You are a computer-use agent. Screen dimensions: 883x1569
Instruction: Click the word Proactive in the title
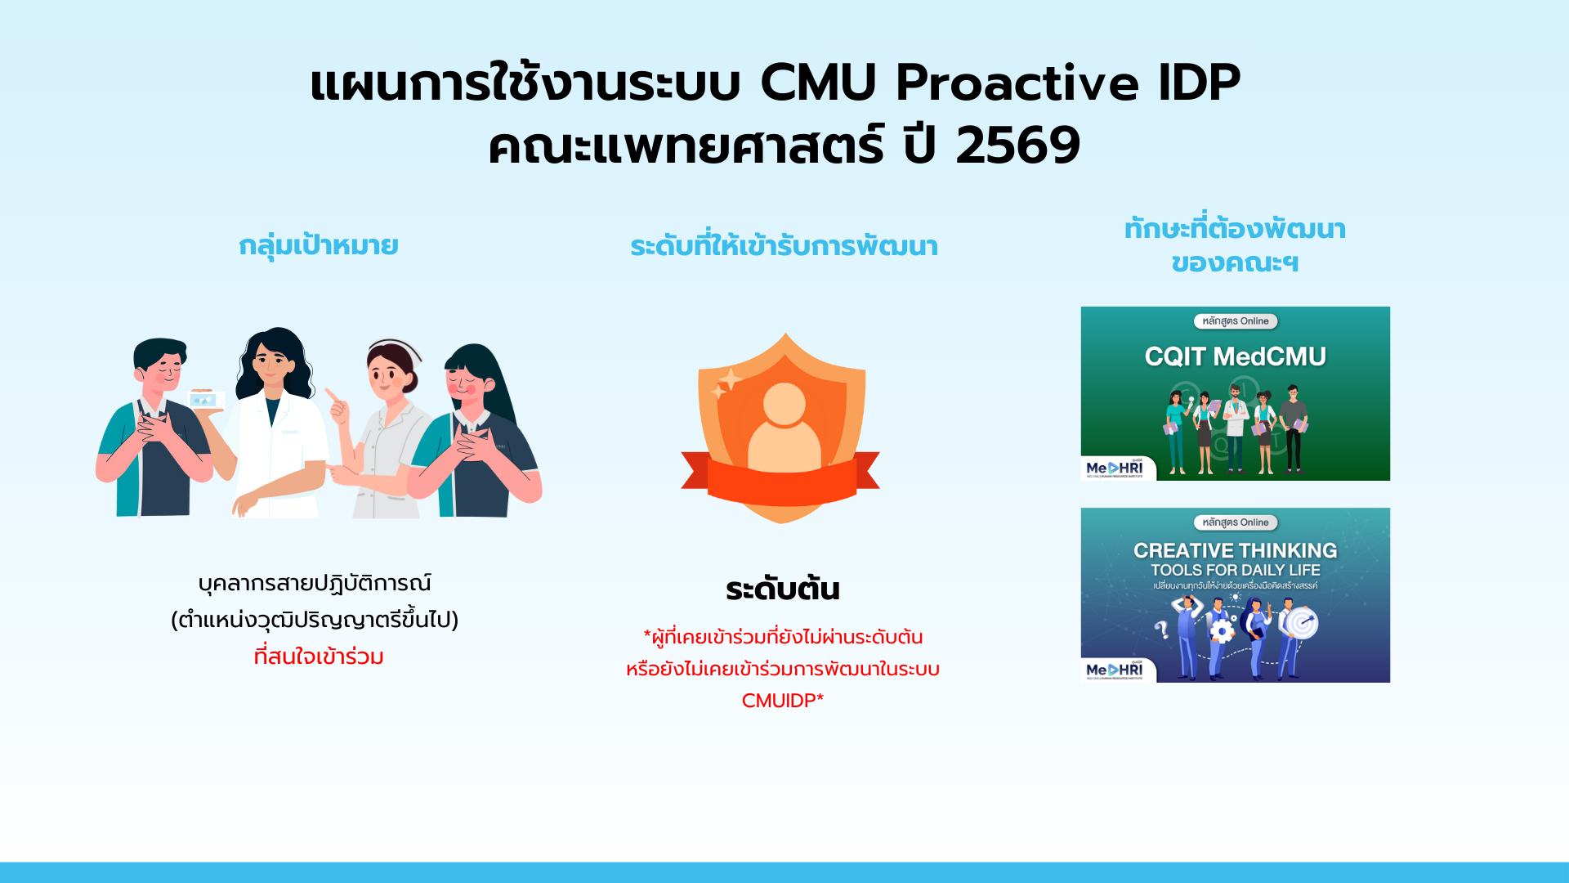tap(1017, 83)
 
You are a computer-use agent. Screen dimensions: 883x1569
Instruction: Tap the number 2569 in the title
tap(1018, 146)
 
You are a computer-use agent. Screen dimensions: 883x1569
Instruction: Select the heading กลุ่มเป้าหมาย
tap(319, 245)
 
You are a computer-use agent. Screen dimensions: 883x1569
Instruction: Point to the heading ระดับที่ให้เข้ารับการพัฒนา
tap(784, 246)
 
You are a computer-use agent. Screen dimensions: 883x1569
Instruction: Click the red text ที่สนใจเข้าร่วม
tap(319, 657)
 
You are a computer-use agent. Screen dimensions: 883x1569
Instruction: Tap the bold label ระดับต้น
tap(783, 589)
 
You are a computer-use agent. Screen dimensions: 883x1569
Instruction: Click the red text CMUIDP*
tap(783, 701)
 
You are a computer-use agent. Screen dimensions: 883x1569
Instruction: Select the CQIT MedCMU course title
tap(1235, 356)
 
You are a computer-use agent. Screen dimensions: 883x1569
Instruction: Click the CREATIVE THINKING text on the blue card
tap(1235, 550)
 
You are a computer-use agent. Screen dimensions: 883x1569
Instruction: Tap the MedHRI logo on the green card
tap(1115, 468)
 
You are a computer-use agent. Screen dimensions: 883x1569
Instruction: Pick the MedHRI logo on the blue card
tap(1115, 670)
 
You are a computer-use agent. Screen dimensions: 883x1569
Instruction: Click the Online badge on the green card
tap(1235, 321)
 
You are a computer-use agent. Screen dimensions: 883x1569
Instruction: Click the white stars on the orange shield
tap(726, 383)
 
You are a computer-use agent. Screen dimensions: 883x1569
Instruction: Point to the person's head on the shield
tap(784, 404)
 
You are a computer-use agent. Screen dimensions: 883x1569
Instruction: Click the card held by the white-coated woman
tap(205, 400)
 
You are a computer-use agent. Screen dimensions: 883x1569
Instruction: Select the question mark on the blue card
tap(1161, 629)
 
